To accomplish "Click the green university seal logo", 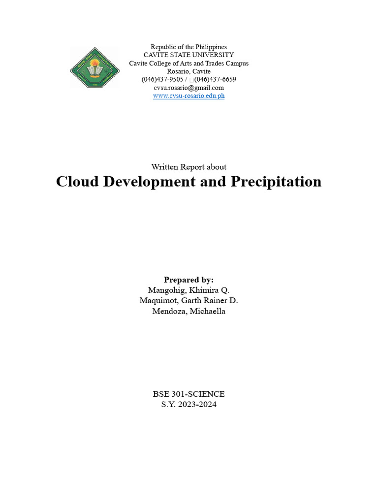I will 94,68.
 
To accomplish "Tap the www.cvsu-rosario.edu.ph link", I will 189,96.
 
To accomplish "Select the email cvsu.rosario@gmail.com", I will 189,88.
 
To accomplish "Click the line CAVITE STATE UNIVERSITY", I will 189,55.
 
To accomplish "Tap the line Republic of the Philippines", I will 189,47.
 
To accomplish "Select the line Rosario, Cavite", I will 189,71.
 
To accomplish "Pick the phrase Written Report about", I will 189,167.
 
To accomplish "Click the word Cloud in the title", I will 75,182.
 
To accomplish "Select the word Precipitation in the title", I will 275,182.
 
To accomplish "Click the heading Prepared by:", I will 189,280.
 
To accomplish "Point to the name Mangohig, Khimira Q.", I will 189,290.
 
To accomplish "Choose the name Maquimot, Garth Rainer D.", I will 189,301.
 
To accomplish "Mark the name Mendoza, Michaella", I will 189,312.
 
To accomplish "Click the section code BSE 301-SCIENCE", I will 189,394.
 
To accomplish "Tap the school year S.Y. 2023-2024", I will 189,405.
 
